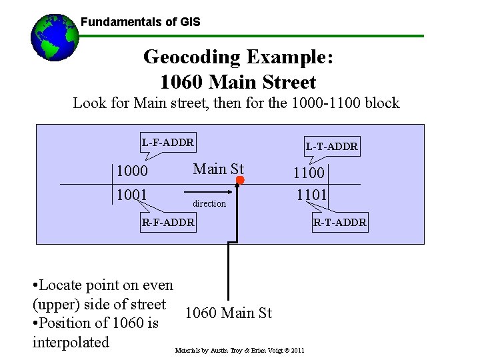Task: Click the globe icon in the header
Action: [x=55, y=37]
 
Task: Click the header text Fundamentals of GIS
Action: [x=140, y=22]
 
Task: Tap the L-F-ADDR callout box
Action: [x=167, y=142]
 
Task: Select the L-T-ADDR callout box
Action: [x=332, y=146]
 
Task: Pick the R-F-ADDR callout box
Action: [x=168, y=222]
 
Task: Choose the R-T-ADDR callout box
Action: [x=339, y=222]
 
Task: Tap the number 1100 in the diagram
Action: [x=310, y=173]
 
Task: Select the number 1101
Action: [x=312, y=195]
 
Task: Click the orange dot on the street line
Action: [x=241, y=181]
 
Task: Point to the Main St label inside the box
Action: [x=219, y=169]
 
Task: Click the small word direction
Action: [x=209, y=203]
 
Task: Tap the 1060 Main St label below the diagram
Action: [x=228, y=313]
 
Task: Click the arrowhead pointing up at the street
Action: [x=236, y=190]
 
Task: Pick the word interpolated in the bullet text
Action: [x=70, y=342]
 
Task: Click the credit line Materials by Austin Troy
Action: [x=240, y=350]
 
